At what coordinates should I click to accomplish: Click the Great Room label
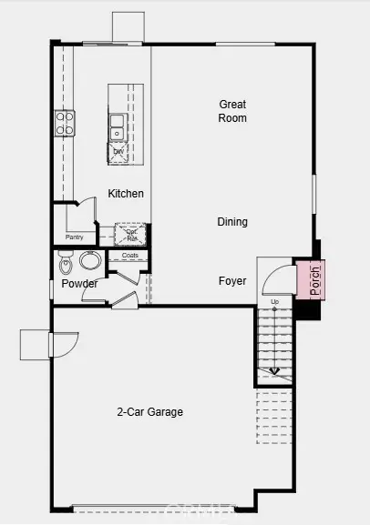click(232, 111)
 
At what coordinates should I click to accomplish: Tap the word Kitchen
click(126, 194)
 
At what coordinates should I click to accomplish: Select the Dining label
click(232, 222)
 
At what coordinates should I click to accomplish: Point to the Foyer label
click(232, 281)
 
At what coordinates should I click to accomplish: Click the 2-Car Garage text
click(150, 412)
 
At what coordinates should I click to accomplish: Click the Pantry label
click(75, 237)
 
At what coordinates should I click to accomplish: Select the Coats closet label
click(129, 256)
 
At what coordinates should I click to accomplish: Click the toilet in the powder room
click(65, 265)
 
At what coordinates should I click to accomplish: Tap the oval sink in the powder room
click(90, 262)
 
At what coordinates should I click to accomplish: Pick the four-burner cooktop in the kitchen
click(64, 123)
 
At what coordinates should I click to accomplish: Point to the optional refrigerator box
click(132, 234)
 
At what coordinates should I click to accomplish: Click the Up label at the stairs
click(275, 301)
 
